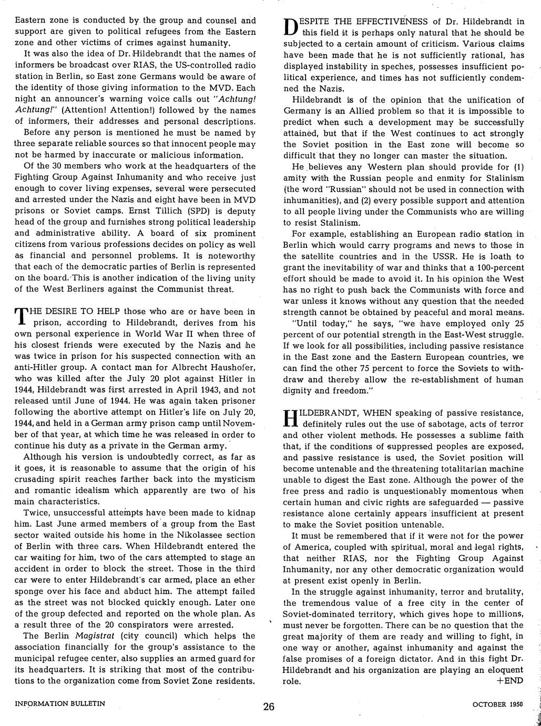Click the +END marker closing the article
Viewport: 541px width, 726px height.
click(x=509, y=680)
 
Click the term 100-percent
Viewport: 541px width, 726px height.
click(x=496, y=267)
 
